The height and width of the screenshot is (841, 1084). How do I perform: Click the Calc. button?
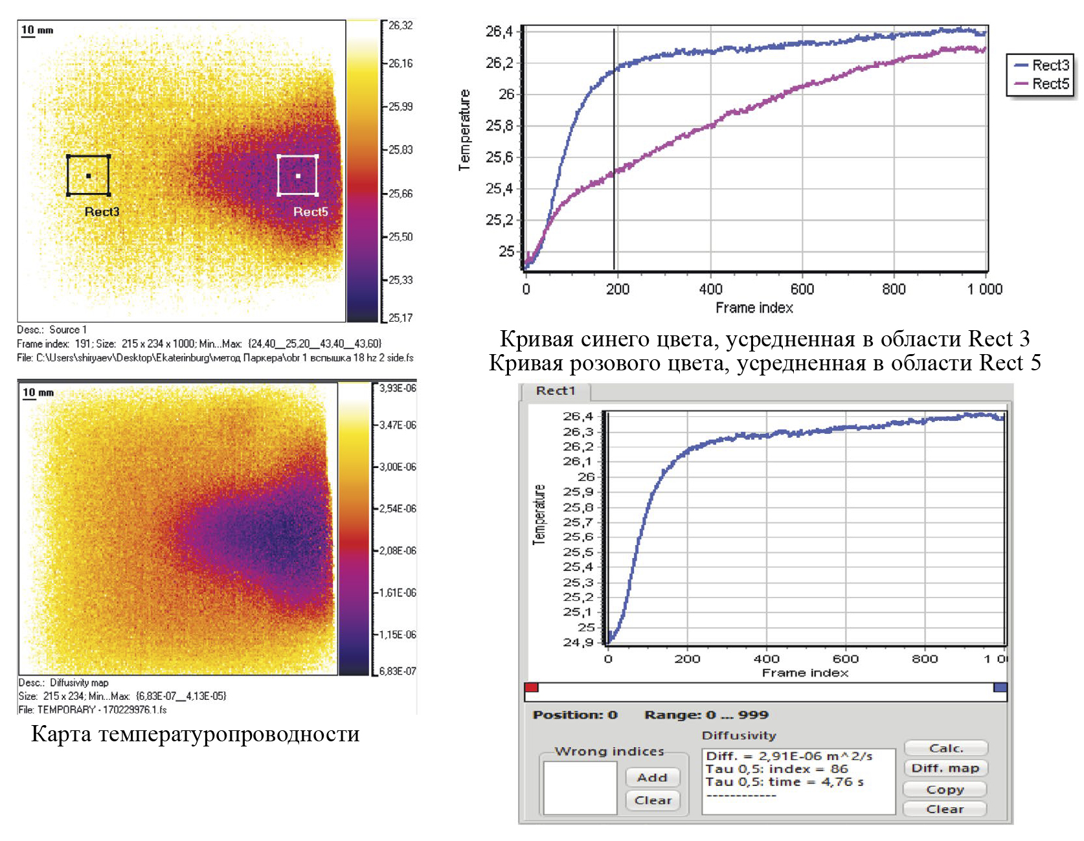pyautogui.click(x=945, y=748)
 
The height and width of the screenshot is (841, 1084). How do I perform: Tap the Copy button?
pyautogui.click(x=945, y=789)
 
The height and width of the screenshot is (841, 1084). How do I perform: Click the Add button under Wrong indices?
pyautogui.click(x=652, y=778)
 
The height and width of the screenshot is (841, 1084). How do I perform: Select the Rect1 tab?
pyautogui.click(x=556, y=391)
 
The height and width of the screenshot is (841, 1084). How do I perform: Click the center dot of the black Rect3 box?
pyautogui.click(x=89, y=175)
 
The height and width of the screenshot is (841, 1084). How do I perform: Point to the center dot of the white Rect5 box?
pyautogui.click(x=298, y=175)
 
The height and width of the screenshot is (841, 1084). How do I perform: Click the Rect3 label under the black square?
pyautogui.click(x=102, y=212)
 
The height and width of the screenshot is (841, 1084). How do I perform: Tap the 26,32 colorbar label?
pyautogui.click(x=400, y=25)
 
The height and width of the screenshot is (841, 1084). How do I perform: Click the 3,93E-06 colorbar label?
pyautogui.click(x=398, y=388)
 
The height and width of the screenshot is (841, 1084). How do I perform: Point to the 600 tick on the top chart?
pyautogui.click(x=802, y=289)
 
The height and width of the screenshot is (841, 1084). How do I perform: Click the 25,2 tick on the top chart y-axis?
pyautogui.click(x=499, y=220)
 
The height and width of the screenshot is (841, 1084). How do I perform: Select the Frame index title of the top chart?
pyautogui.click(x=754, y=308)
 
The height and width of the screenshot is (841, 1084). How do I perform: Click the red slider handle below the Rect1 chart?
pyautogui.click(x=532, y=688)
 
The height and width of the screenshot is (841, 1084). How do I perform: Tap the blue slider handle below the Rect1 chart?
pyautogui.click(x=1000, y=688)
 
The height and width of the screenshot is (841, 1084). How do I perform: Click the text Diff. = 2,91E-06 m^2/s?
pyautogui.click(x=789, y=756)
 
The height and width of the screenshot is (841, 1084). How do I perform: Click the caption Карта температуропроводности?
pyautogui.click(x=195, y=734)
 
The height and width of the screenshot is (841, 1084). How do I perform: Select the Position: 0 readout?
pyautogui.click(x=575, y=715)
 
